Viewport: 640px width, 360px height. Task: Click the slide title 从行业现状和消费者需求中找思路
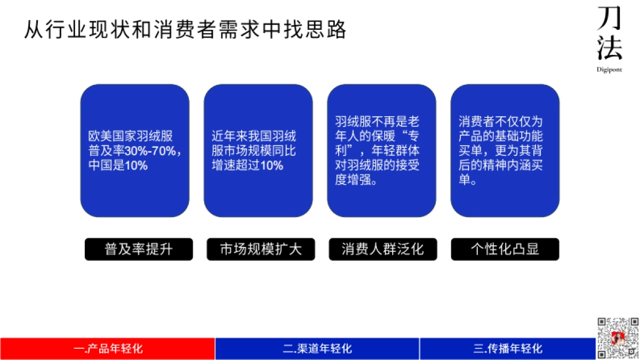[x=186, y=29]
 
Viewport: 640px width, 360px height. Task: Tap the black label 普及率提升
[x=139, y=249]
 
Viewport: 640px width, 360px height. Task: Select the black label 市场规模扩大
[x=261, y=249]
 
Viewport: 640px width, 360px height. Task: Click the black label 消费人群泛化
[x=382, y=249]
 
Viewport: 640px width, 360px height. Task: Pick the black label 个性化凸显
[x=505, y=249]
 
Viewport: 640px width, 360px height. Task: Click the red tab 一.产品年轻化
[x=108, y=349]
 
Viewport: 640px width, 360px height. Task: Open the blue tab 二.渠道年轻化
[x=317, y=349]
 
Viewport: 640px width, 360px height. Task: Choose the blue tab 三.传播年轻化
[x=507, y=349]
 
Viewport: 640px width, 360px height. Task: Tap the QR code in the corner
[x=618, y=338]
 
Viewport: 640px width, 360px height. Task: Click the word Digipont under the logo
[x=609, y=69]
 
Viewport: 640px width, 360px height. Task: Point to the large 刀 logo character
[x=610, y=19]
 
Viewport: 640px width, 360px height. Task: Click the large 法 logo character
[x=610, y=49]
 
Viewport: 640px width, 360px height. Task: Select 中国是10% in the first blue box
[x=118, y=165]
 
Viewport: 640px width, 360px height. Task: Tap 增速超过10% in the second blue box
[x=247, y=165]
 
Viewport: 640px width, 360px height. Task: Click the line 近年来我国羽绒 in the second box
[x=254, y=136]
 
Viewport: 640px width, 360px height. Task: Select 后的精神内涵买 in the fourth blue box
[x=501, y=165]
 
